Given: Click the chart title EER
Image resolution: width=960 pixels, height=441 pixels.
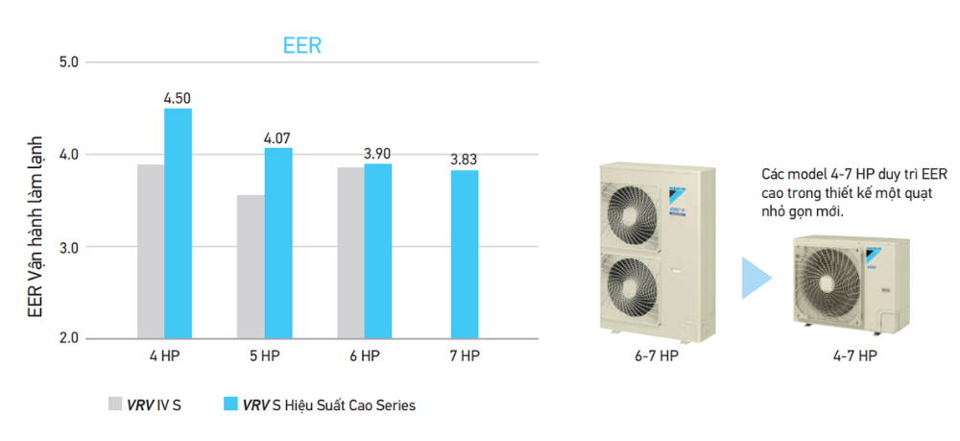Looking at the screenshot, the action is click(302, 45).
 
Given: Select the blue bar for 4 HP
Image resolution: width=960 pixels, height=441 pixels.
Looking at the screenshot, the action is click(179, 224).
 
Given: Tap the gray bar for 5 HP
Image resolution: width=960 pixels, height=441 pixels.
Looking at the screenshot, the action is click(252, 267).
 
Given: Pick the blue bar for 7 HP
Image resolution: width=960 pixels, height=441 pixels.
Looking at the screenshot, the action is click(465, 255).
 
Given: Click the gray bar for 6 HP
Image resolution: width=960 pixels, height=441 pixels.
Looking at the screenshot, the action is click(351, 253).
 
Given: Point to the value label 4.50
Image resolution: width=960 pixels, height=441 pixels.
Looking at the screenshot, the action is click(179, 98).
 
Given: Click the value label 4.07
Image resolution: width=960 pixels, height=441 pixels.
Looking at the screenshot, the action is click(278, 137).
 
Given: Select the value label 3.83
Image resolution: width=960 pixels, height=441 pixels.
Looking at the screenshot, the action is click(465, 160).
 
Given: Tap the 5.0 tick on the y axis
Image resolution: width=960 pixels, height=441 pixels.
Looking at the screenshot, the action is click(70, 61).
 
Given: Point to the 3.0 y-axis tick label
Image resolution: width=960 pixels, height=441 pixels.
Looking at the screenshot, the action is click(70, 247).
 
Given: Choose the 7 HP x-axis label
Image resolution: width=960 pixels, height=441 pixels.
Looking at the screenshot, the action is click(465, 355).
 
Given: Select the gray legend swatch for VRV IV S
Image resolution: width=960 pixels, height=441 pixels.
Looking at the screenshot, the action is click(115, 404).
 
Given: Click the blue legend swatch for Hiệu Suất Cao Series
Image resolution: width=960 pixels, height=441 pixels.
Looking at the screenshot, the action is click(230, 404).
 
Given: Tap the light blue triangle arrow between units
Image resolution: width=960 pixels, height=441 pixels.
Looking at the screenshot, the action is click(756, 278).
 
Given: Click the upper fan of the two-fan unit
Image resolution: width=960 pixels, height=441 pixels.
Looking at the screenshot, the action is click(631, 215).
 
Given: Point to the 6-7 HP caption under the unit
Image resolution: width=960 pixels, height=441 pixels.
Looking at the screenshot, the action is click(657, 355).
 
